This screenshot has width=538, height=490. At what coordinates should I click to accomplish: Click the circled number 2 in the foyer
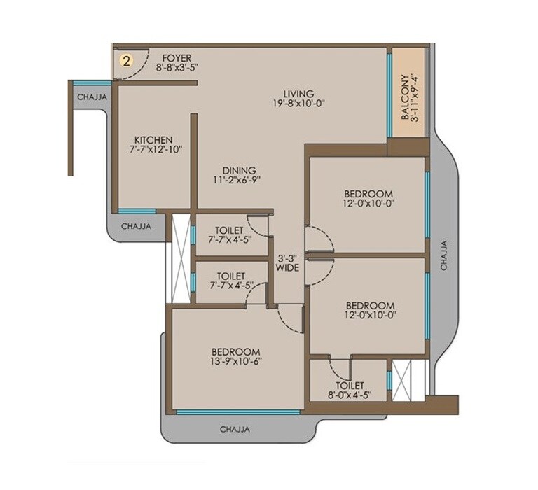pyautogui.click(x=127, y=60)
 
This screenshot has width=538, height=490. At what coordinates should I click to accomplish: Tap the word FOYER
pyautogui.click(x=176, y=57)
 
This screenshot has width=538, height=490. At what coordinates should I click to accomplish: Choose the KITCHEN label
pyautogui.click(x=153, y=139)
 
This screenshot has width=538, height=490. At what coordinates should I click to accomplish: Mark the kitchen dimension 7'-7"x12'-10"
pyautogui.click(x=153, y=150)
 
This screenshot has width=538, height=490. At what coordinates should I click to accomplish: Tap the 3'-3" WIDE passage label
pyautogui.click(x=288, y=262)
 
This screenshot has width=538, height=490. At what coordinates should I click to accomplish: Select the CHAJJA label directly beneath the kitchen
pyautogui.click(x=137, y=226)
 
